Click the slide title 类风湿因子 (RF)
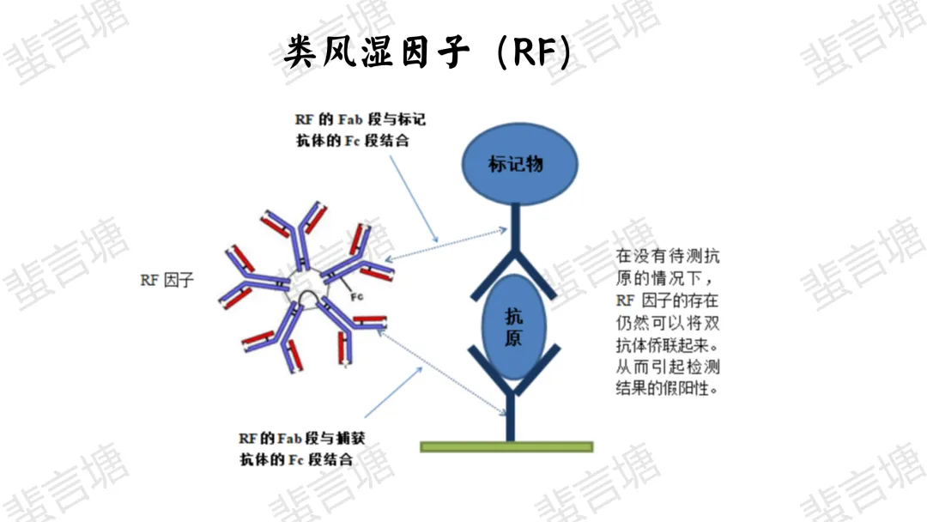click(x=427, y=53)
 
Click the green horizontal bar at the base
click(x=506, y=446)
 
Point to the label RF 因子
click(x=167, y=281)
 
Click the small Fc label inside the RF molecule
click(x=358, y=296)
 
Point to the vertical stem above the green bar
click(x=511, y=416)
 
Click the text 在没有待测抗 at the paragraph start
click(x=668, y=257)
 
